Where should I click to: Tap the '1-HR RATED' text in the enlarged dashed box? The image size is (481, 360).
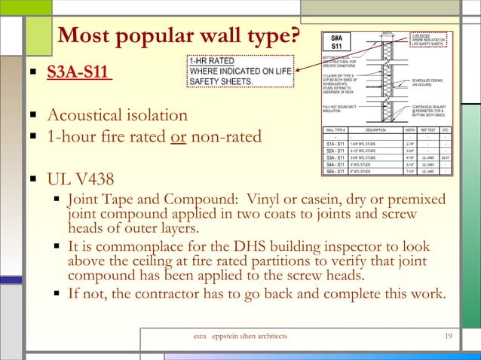click(213, 61)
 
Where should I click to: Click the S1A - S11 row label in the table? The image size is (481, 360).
click(335, 143)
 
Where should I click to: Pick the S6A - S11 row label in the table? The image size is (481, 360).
click(335, 171)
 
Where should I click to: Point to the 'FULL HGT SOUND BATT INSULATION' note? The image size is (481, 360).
click(335, 109)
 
